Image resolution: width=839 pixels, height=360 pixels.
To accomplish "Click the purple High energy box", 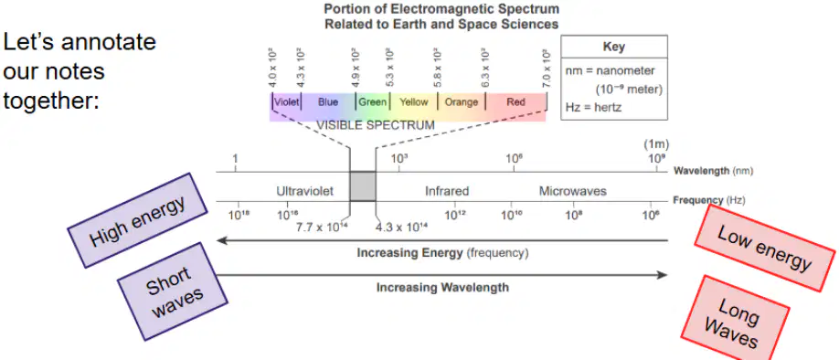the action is [x=137, y=220].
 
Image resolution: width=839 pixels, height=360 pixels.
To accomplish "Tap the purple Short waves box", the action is [x=173, y=291].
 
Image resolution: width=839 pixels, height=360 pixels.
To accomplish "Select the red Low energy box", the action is [x=766, y=248].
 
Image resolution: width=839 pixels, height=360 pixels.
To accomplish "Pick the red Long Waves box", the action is [x=735, y=318].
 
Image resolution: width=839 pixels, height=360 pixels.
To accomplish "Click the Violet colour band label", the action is [x=286, y=101].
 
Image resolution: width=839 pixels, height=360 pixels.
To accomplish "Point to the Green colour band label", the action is [x=372, y=101].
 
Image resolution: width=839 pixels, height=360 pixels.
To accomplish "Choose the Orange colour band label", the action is [x=462, y=101].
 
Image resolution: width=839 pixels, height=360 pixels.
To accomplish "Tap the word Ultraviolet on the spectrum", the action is [x=305, y=191].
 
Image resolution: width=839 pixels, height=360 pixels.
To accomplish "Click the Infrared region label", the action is [x=447, y=191].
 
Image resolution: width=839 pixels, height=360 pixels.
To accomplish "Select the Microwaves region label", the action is [x=572, y=191].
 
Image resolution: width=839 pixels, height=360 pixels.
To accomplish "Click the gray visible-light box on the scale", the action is [x=362, y=186].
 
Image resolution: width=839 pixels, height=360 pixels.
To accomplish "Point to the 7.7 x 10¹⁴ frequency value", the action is [x=322, y=227].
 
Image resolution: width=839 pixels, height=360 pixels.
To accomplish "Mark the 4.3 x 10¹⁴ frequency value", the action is [x=401, y=227].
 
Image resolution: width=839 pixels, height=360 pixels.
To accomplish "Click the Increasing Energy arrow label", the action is [x=442, y=253].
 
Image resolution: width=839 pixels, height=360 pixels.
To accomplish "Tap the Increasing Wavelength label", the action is [x=442, y=287].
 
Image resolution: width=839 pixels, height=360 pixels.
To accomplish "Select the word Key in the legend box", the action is [x=614, y=47].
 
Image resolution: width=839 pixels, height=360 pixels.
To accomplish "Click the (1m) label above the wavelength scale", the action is [x=656, y=143].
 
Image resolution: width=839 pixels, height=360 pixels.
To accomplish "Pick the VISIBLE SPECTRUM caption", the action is [x=375, y=126].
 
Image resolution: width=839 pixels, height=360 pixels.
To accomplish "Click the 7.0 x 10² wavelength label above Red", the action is [x=546, y=69].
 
